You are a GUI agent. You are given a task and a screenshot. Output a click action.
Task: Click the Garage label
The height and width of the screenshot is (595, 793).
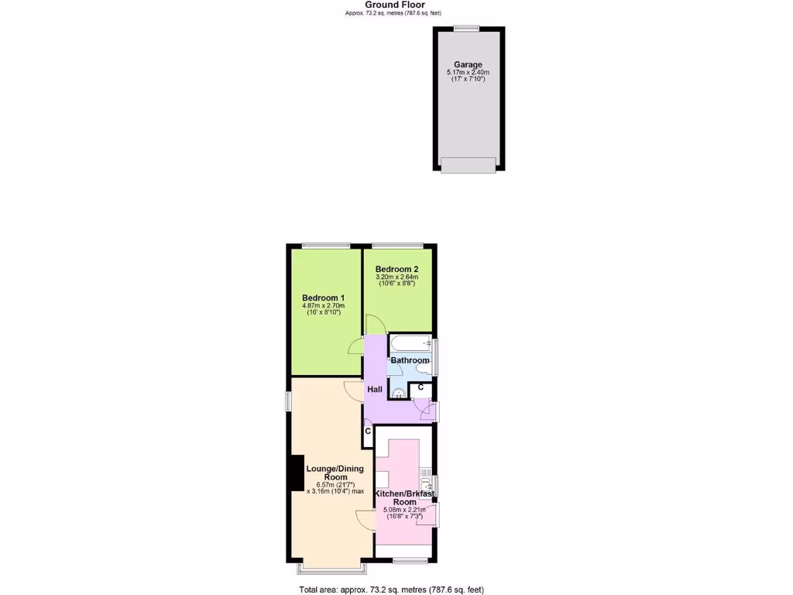tap(468, 65)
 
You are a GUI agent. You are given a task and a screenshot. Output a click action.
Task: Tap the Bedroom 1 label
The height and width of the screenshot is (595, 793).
tap(323, 298)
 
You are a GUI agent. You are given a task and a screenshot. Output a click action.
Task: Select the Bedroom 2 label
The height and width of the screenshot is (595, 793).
tap(397, 269)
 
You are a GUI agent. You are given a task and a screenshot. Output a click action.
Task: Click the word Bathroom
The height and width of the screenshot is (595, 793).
tap(410, 360)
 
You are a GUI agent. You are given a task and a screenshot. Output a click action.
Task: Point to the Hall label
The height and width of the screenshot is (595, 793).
tap(375, 389)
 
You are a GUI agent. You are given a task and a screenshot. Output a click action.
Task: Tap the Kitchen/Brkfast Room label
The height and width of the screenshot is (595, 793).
tap(404, 497)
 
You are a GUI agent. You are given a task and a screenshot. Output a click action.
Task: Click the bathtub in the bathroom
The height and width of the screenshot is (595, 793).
tap(410, 343)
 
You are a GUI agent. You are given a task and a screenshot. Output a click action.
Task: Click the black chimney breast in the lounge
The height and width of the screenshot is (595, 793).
tap(296, 473)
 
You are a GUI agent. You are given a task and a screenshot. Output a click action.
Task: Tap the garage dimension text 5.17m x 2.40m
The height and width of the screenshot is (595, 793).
tap(468, 73)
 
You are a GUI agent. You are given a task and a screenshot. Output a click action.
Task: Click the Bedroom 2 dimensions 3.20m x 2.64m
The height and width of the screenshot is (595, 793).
tap(397, 277)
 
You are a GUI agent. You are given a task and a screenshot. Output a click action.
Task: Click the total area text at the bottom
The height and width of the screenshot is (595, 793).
tap(392, 589)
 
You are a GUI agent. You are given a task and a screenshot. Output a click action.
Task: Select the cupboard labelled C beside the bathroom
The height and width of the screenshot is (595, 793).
tap(420, 387)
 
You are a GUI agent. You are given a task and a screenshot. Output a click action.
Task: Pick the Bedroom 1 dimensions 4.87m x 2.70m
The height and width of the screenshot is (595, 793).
tap(323, 306)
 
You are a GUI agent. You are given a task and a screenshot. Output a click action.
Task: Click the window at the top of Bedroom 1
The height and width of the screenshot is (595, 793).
tap(325, 246)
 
